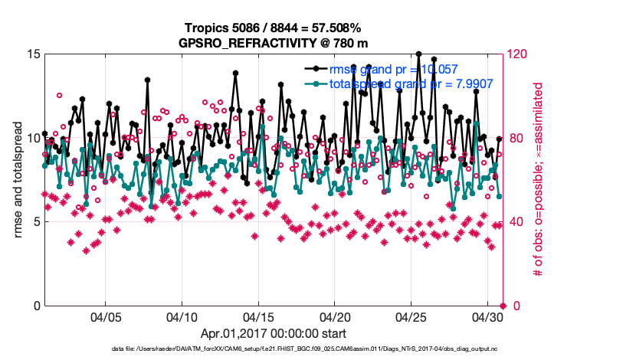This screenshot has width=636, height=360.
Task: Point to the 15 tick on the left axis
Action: coord(32,54)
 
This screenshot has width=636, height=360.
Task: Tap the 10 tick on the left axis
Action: coord(32,138)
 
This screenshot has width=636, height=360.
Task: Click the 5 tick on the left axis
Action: coord(35,222)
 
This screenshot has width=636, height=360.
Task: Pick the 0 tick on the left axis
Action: coord(35,306)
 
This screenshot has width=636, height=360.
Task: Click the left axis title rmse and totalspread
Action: coord(18,180)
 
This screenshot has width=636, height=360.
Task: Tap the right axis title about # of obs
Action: coord(538,180)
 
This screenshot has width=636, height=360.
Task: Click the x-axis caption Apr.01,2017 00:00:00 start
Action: coord(274,334)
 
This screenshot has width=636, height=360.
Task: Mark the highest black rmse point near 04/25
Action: coord(418,54)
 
